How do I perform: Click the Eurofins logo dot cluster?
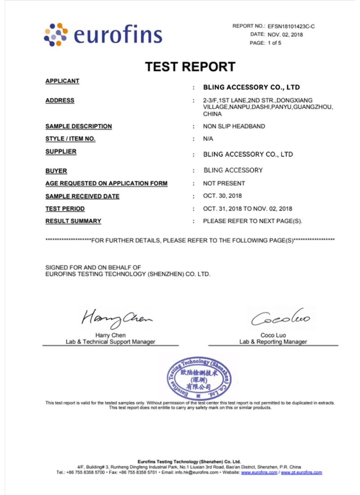tap(56, 34)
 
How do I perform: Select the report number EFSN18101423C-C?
tap(291, 27)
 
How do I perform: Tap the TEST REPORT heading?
tap(190, 67)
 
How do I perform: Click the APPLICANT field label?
tap(63, 81)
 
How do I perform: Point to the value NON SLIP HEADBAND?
tap(234, 126)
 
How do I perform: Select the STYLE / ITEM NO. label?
tap(70, 139)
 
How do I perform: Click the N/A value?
tap(208, 139)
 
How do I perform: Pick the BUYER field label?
tap(56, 171)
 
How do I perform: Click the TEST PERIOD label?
tap(65, 209)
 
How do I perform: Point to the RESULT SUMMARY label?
tap(73, 221)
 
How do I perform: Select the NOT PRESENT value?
tap(224, 183)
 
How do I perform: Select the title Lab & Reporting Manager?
tap(273, 342)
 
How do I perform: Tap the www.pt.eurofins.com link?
tap(301, 472)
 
